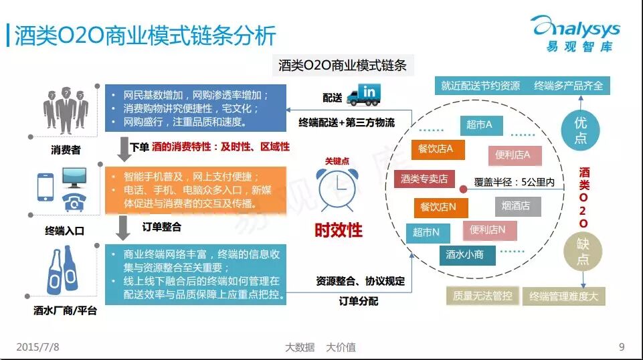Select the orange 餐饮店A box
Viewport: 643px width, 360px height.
pos(436,149)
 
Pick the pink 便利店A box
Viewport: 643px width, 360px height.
pos(513,155)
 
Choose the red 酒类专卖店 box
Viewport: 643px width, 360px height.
pos(424,179)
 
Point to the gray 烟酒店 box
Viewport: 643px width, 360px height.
pos(516,205)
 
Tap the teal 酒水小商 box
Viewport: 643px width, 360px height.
pos(466,254)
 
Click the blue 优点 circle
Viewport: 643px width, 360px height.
pos(581,130)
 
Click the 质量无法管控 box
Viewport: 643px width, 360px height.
pos(482,296)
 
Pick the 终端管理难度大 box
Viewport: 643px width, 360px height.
pos(563,296)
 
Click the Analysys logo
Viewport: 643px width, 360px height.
pos(576,33)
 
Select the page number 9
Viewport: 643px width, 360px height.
pos(622,347)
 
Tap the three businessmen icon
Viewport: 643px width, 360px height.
pos(65,110)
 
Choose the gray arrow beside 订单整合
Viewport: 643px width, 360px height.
pos(122,227)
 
